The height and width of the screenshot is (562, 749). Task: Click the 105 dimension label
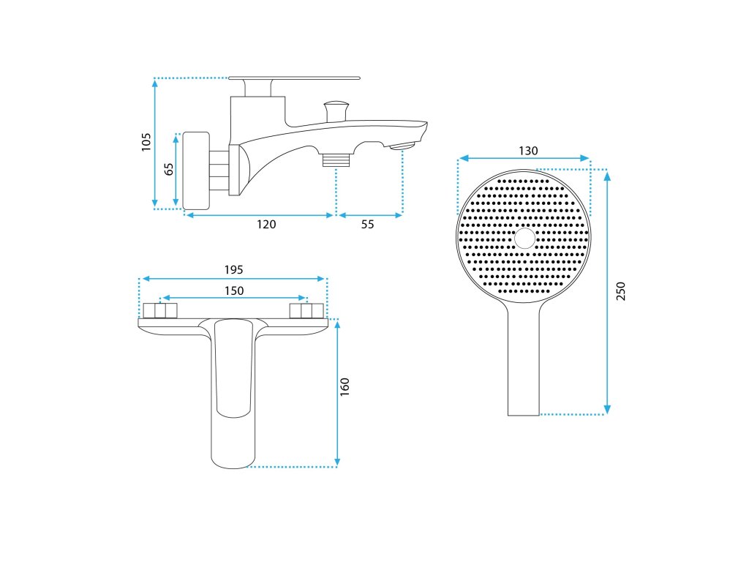pos(146,141)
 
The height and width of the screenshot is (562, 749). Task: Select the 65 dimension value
pos(169,169)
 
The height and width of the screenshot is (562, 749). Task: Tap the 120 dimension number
pos(267,225)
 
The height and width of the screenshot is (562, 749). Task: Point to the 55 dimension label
pos(367,225)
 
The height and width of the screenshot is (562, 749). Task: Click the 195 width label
pos(233,269)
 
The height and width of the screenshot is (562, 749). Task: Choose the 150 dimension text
pos(233,291)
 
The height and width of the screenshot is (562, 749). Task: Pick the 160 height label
pos(345,387)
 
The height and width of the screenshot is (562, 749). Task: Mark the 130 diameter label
pos(528,151)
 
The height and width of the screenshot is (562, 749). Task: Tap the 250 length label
pos(621,291)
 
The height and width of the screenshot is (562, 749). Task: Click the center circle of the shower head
pos(524,239)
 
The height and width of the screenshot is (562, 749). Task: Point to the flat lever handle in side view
pos(295,77)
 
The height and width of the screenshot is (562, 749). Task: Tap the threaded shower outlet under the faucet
pos(336,159)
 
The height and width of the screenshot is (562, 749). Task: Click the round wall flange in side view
pos(195,170)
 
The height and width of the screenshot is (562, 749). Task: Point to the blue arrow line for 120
pos(258,215)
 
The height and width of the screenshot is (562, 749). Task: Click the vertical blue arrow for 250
pos(607,292)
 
